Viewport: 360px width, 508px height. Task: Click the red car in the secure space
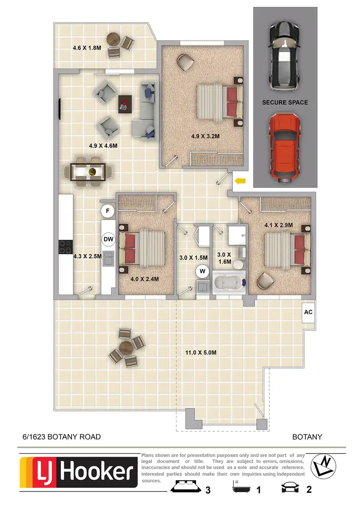coord(285,148)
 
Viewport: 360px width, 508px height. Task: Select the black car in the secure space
coord(285,57)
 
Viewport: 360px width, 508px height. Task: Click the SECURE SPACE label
coord(285,102)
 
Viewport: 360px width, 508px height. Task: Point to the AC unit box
coord(308,312)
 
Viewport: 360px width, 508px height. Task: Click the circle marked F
coord(108,210)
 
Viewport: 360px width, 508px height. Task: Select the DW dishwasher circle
coord(108,238)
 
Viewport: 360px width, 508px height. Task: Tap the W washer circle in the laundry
coord(203,271)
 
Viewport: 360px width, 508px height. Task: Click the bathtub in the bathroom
coord(228,283)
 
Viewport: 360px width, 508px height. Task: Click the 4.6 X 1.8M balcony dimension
coord(87,48)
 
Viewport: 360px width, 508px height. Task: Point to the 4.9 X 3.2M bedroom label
coord(205,136)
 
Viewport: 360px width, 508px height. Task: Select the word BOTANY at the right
coord(307,437)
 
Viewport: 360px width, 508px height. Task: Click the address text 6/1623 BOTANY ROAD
coord(61,437)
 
